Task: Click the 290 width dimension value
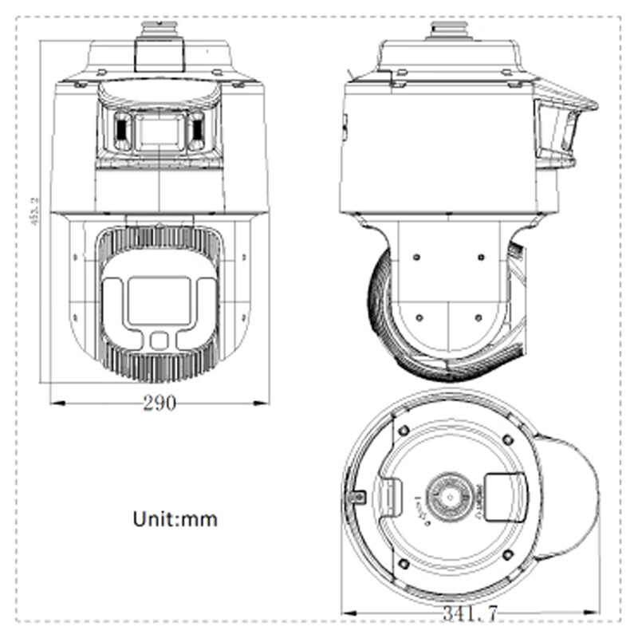pyautogui.click(x=159, y=403)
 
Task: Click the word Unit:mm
pyautogui.click(x=175, y=518)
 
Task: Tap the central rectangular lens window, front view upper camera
pyautogui.click(x=159, y=131)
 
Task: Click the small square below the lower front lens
pyautogui.click(x=159, y=341)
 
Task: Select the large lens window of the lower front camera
pyautogui.click(x=159, y=300)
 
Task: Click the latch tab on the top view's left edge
pyautogui.click(x=357, y=497)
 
